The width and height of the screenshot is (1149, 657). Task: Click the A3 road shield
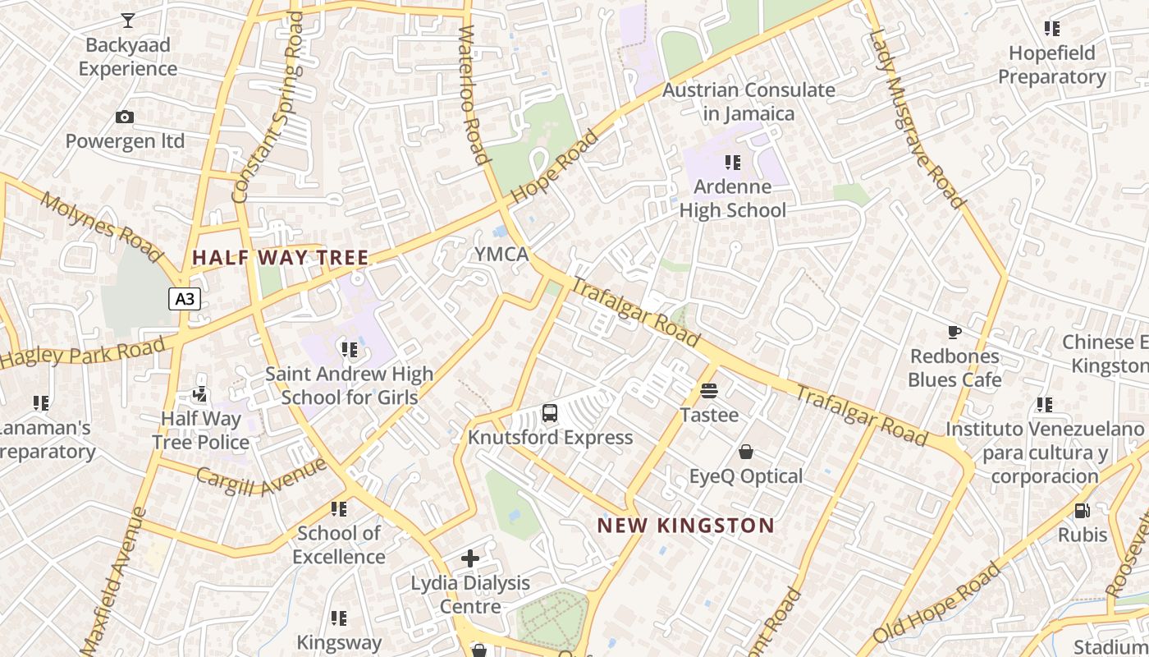pyautogui.click(x=185, y=299)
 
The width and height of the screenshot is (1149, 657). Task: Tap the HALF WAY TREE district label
pyautogui.click(x=281, y=258)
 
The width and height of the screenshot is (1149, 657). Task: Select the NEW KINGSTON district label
pyautogui.click(x=685, y=526)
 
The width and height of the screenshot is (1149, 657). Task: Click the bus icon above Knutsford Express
pyautogui.click(x=550, y=413)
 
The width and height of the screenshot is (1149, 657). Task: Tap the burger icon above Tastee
pyautogui.click(x=709, y=391)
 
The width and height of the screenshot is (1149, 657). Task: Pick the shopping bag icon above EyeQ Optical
pyautogui.click(x=746, y=452)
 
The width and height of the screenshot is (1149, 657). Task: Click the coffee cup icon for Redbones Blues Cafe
pyautogui.click(x=954, y=332)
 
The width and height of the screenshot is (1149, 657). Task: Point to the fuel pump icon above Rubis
pyautogui.click(x=1082, y=511)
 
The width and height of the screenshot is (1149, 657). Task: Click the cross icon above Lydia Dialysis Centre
pyautogui.click(x=470, y=558)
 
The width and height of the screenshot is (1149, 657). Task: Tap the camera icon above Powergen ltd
pyautogui.click(x=125, y=117)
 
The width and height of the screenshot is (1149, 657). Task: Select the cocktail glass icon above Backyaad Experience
pyautogui.click(x=127, y=21)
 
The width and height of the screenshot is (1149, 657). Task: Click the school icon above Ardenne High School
pyautogui.click(x=733, y=163)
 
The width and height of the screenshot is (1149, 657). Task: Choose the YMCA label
pyautogui.click(x=501, y=255)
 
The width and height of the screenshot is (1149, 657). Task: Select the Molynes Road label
pyautogui.click(x=101, y=227)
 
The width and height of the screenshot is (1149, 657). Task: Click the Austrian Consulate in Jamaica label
pyautogui.click(x=748, y=102)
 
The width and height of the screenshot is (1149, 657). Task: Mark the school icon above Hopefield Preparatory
pyautogui.click(x=1052, y=29)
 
